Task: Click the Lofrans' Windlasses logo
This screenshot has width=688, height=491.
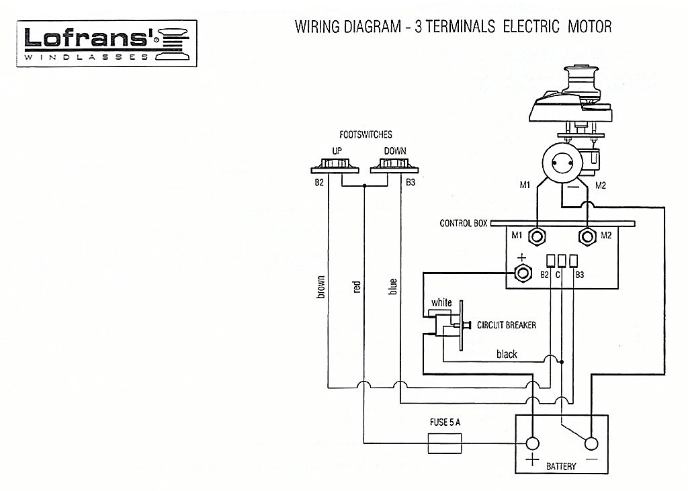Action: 107,43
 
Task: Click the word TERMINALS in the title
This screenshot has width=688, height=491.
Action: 460,27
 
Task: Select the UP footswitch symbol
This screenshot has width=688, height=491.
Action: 335,167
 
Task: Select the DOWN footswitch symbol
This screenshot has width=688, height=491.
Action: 394,167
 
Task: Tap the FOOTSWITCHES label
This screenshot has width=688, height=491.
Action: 365,135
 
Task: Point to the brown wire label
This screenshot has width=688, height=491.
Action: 320,287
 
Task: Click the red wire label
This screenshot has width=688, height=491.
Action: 356,287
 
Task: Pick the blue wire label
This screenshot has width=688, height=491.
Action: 392,286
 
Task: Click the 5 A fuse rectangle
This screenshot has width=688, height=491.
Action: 445,443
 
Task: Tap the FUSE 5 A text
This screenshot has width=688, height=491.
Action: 445,422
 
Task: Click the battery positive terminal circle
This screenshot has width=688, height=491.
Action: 533,443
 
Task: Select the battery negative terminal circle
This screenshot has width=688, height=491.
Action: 591,443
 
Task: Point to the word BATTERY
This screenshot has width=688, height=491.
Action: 561,466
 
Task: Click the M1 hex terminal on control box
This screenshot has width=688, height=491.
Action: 537,237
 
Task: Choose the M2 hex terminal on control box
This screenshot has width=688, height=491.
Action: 587,237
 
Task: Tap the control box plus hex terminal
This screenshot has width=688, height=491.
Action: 522,273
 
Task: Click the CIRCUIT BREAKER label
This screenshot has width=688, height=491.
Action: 507,325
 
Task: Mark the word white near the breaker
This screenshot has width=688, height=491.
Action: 441,302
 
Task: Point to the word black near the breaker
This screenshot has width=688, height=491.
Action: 507,354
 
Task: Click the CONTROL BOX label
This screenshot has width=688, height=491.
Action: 464,224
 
